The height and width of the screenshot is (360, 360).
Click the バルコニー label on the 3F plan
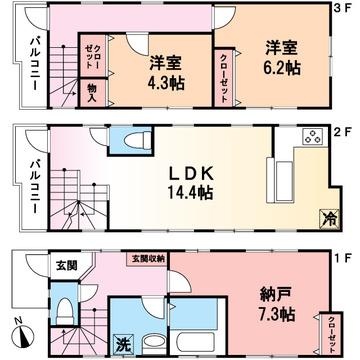pyautogui.click(x=32, y=62)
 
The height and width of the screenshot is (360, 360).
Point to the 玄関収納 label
pyautogui.click(x=146, y=258)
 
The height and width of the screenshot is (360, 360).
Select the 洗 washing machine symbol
pyautogui.click(x=123, y=344)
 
